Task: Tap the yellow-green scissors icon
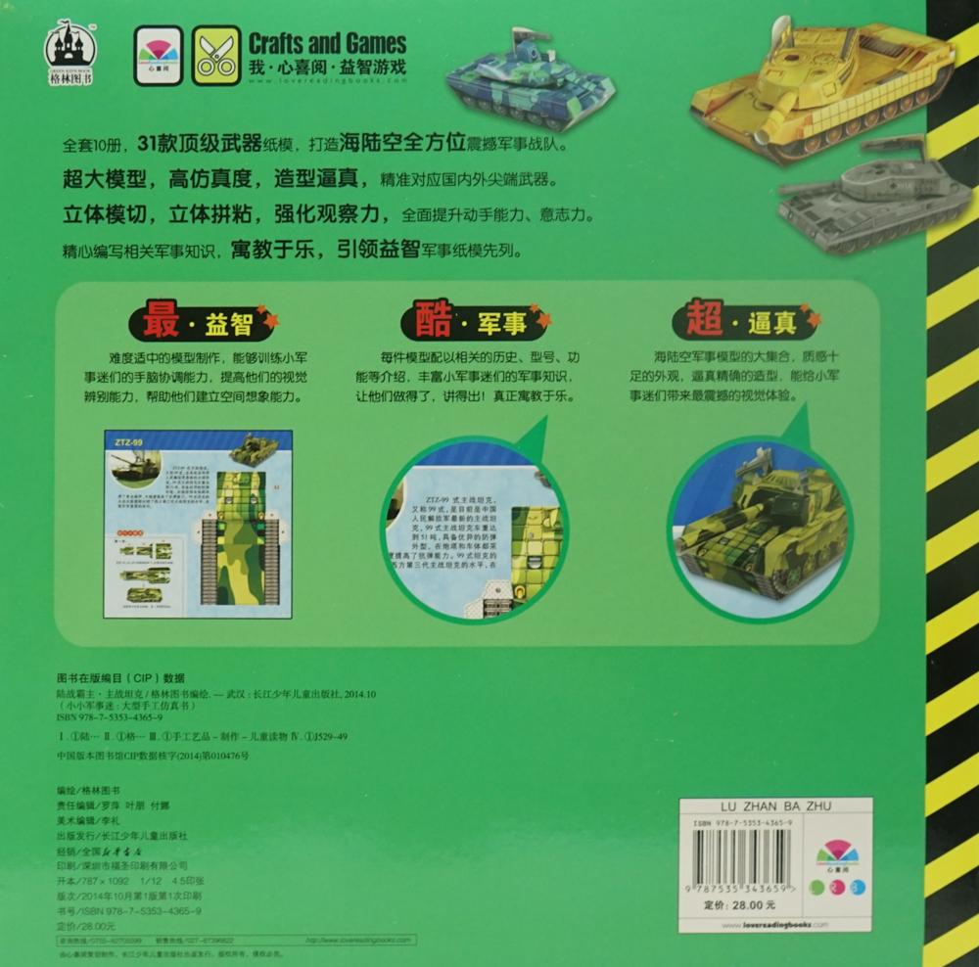[x=216, y=55]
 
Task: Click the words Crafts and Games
[x=327, y=43]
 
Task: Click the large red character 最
[x=162, y=318]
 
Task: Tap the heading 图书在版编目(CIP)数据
[x=121, y=678]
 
